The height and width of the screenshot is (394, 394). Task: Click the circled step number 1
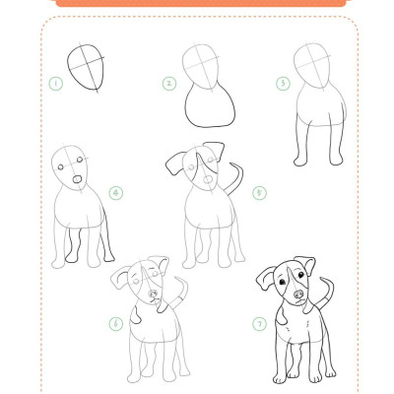(56, 84)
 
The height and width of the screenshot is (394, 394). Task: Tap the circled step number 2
(169, 84)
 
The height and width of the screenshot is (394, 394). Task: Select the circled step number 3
(283, 84)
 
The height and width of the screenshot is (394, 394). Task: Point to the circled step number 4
(116, 193)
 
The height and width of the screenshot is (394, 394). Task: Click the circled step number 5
(259, 193)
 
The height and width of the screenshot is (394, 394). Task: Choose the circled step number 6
(116, 324)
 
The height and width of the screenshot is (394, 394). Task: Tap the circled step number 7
(259, 324)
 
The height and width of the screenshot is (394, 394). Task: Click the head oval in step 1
(68, 66)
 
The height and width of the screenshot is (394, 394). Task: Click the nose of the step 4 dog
(77, 179)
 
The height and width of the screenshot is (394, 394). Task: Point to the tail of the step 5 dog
(239, 179)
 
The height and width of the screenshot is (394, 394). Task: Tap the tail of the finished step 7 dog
(329, 293)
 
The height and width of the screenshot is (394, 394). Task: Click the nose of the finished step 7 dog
(298, 294)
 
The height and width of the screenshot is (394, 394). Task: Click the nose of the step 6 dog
(153, 294)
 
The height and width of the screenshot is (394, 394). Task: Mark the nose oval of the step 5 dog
(208, 179)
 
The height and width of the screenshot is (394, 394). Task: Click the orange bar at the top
(201, 3)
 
